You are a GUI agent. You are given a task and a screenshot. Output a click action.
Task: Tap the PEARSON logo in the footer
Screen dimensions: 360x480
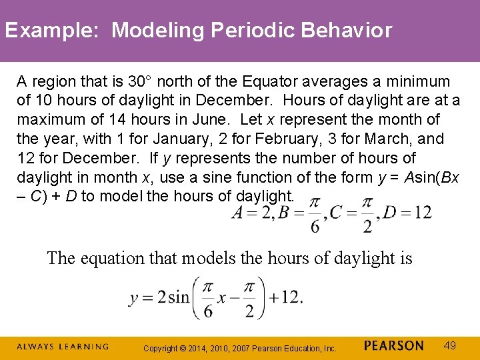point(394,346)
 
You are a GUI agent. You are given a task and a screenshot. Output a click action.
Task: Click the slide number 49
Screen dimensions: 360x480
point(451,346)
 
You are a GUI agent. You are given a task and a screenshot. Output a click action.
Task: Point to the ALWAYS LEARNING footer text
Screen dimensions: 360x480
point(63,347)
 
